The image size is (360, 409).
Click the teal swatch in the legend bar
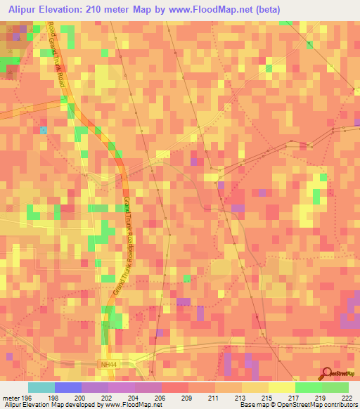tap(41, 387)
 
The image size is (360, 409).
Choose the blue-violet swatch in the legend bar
tap(68, 387)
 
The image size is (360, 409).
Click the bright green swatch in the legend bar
tap(309, 387)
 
